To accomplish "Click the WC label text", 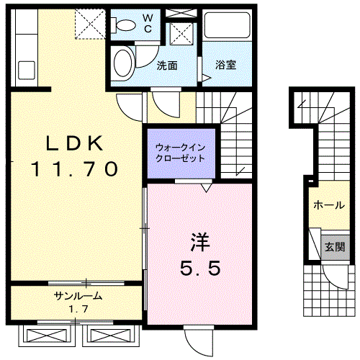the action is (x=148, y=23).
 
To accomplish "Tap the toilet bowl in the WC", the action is (x=124, y=25).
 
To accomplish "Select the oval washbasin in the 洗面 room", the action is (x=124, y=63).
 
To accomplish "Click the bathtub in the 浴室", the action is (x=227, y=25).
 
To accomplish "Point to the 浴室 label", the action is (x=225, y=65).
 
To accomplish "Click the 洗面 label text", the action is (x=167, y=66).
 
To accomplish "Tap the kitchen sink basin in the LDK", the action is (x=27, y=70).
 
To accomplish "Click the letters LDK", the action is (x=74, y=143).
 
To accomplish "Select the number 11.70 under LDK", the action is (x=75, y=168).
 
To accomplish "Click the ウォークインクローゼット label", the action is (x=181, y=153).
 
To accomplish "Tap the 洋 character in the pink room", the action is (x=200, y=242).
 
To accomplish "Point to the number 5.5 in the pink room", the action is (x=200, y=268).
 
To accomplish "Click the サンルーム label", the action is (x=78, y=296).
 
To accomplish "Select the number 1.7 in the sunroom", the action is (x=78, y=309).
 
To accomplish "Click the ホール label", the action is (x=329, y=205).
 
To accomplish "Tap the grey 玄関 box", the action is (x=335, y=247).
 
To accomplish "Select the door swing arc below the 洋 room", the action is (x=194, y=348).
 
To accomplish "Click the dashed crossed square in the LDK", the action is (x=90, y=24).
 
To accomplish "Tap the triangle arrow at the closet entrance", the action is (x=207, y=188).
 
